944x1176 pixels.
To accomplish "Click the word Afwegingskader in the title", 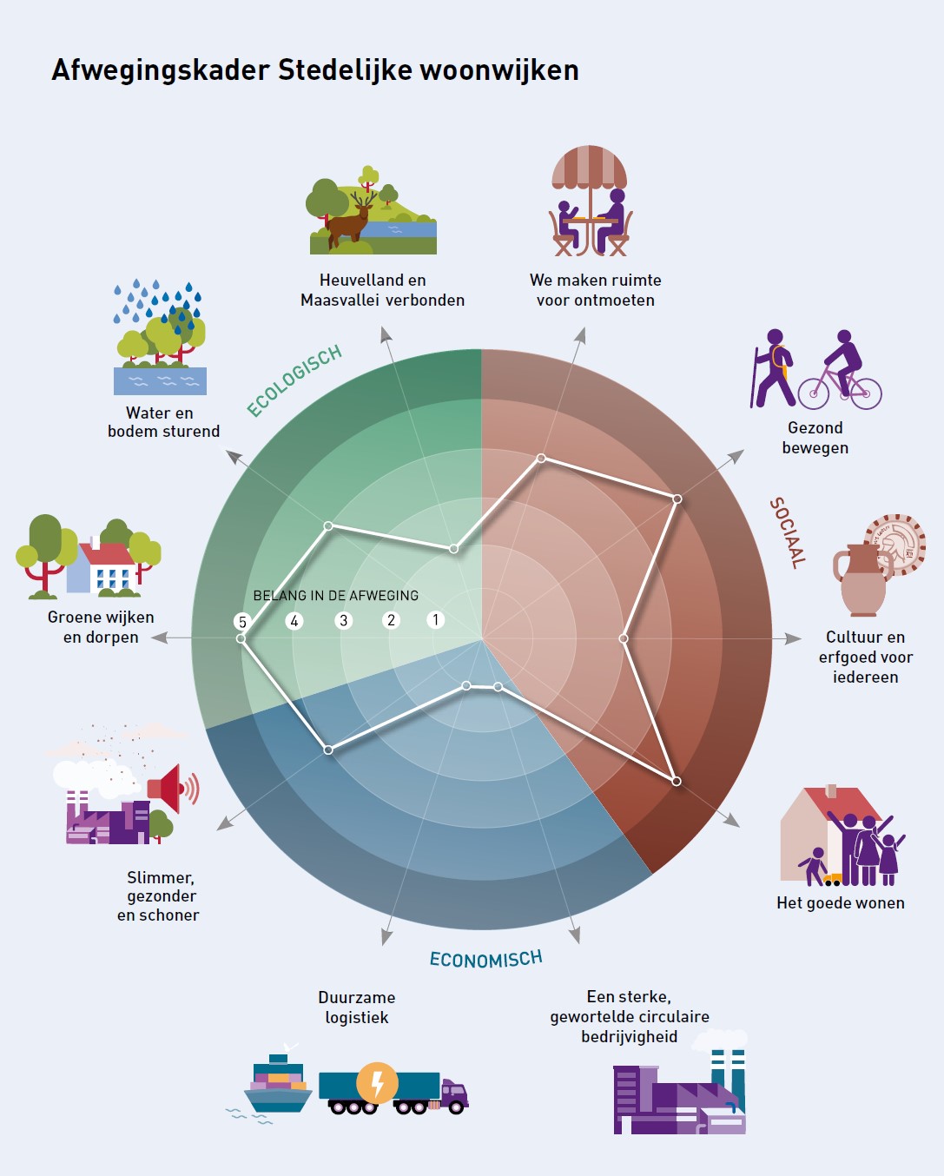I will tap(161, 70).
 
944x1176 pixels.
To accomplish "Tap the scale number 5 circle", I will tap(242, 622).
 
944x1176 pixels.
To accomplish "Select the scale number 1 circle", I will tap(435, 619).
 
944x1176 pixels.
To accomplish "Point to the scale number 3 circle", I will tap(344, 620).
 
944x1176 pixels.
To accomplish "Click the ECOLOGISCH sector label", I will tap(294, 380).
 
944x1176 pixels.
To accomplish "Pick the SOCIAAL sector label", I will tap(788, 532).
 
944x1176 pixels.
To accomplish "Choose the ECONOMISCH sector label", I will tap(485, 959).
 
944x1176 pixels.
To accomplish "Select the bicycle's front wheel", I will tap(865, 393).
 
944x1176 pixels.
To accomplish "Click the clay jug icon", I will tap(862, 580).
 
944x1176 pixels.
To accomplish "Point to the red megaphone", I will tap(173, 789).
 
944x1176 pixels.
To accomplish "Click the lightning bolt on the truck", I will tap(378, 1083).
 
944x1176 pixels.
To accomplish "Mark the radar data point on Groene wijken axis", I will tap(241, 638).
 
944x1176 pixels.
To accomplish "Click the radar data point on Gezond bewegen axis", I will tap(677, 499).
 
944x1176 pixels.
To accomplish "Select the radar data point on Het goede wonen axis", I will tap(677, 782).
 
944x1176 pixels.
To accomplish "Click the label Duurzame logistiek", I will tap(356, 1008).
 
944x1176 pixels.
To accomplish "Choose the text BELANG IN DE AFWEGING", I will tap(335, 596).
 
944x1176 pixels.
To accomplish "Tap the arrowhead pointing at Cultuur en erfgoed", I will tap(793, 638).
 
